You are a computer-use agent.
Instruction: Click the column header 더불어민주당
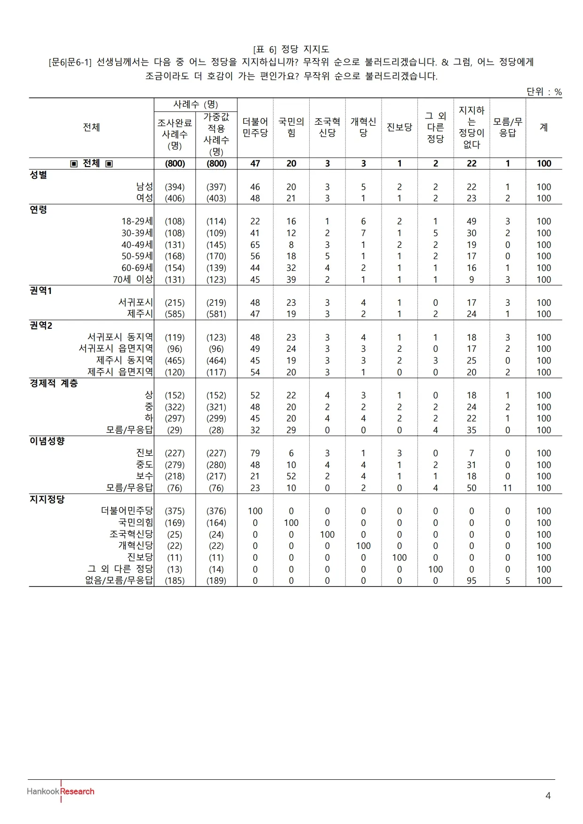(x=255, y=127)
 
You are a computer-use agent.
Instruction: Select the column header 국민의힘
(x=291, y=127)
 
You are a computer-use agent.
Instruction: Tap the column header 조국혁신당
(x=327, y=127)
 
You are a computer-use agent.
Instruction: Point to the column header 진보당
(x=399, y=127)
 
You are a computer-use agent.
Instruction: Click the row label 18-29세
(x=137, y=222)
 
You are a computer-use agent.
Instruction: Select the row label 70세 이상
(x=133, y=279)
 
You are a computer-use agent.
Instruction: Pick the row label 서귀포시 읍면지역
(x=116, y=349)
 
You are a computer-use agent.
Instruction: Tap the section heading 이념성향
(x=47, y=441)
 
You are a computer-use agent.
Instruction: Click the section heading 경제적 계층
(x=54, y=383)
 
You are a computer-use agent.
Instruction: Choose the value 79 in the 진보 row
(x=255, y=453)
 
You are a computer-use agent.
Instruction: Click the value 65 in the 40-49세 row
(x=255, y=245)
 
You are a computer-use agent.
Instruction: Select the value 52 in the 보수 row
(x=291, y=476)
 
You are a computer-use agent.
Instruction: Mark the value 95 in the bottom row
(x=471, y=581)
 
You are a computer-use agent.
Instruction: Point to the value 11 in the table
(x=507, y=488)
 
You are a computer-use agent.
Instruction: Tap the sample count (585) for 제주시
(x=175, y=314)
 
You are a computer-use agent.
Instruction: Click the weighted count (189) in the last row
(x=216, y=581)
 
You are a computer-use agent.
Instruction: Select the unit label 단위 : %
(x=544, y=92)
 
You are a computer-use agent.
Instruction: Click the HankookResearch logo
(x=61, y=792)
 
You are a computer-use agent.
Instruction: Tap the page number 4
(x=548, y=796)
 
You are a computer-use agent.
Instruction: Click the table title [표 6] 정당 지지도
(x=291, y=49)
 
